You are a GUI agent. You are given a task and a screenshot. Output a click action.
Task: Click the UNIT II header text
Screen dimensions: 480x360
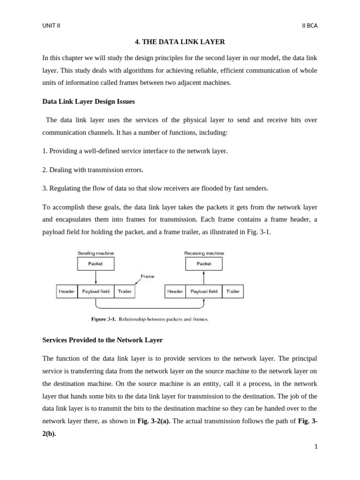tap(51, 26)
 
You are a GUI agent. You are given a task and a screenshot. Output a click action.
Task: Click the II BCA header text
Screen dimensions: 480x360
tap(310, 26)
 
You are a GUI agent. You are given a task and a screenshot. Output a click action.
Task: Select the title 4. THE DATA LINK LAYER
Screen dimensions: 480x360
tap(180, 42)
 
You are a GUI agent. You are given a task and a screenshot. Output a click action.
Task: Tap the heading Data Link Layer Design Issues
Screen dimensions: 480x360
tap(89, 101)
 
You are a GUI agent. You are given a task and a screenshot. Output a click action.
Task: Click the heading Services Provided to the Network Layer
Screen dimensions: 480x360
tap(102, 339)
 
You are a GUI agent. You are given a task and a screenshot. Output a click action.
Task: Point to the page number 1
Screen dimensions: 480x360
tap(316, 447)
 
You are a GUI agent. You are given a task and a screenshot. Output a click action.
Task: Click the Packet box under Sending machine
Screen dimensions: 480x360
tap(96, 264)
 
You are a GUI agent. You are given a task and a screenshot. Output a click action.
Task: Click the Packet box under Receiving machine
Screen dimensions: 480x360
tap(204, 264)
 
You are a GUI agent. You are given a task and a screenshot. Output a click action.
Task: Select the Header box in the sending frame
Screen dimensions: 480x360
tap(67, 292)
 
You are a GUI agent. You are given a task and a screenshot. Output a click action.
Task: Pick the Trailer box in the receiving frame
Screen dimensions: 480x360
tap(233, 292)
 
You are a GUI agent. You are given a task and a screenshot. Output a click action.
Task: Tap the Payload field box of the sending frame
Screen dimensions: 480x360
tap(96, 292)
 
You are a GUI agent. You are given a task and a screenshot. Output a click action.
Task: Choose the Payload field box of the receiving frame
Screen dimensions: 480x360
tap(204, 292)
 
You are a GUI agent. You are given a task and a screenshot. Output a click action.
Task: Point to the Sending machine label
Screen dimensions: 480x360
tap(96, 253)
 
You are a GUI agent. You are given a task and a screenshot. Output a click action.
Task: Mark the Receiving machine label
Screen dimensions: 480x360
tap(204, 253)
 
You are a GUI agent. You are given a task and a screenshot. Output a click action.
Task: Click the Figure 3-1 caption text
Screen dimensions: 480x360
tap(149, 320)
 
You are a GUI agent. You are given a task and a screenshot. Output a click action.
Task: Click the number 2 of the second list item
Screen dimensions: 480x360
tap(44, 170)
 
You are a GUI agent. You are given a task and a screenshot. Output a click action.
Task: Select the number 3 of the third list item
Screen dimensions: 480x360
tap(44, 188)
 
